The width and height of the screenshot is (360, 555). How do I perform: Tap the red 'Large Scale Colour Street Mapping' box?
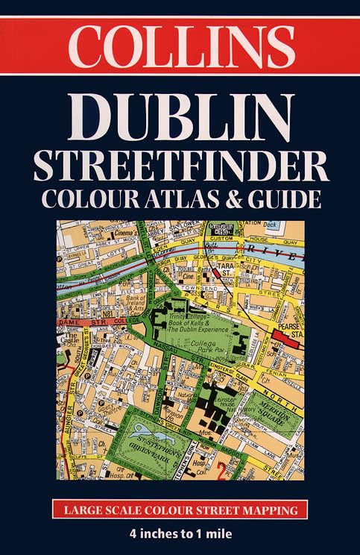point(180,511)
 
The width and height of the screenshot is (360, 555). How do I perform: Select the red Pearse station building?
point(281,335)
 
